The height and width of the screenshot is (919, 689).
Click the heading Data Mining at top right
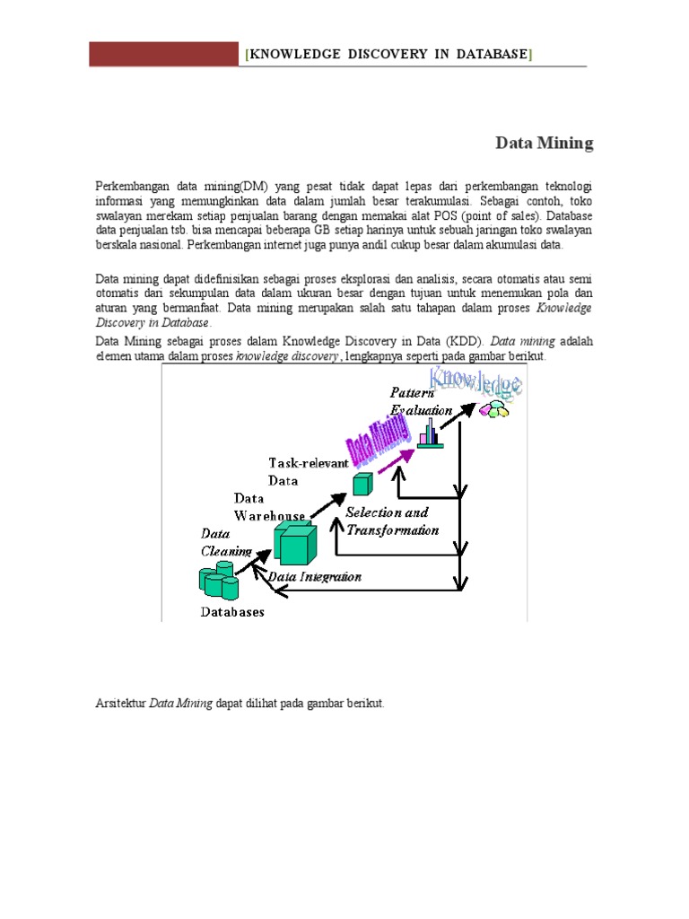click(545, 143)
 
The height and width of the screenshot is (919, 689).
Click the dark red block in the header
click(165, 54)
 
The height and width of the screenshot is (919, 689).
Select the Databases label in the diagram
click(231, 612)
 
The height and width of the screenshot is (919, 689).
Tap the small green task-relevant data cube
click(362, 485)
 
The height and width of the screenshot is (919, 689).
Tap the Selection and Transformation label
click(393, 521)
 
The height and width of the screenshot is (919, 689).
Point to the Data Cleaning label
click(220, 543)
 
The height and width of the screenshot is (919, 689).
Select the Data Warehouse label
click(270, 506)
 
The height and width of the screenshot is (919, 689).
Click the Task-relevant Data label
click(306, 470)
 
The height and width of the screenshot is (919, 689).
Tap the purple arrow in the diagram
click(395, 460)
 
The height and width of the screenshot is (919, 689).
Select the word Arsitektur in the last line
click(120, 704)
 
